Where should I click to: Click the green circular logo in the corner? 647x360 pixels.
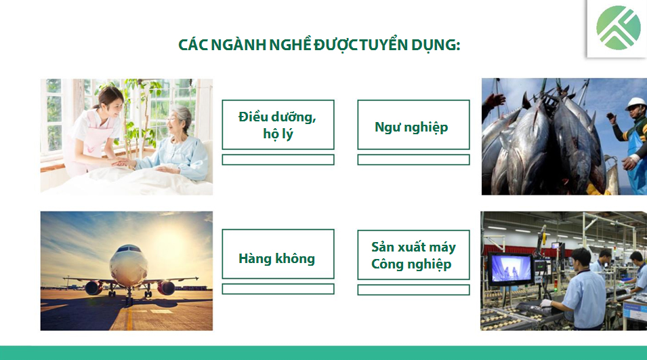(x=618, y=28)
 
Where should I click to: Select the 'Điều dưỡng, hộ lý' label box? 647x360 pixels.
(x=278, y=125)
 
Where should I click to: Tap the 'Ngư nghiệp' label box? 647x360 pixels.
(x=413, y=126)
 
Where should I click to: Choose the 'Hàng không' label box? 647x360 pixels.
(x=278, y=258)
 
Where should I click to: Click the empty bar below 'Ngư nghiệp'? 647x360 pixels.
(x=413, y=160)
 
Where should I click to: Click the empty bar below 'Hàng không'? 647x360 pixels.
(x=278, y=289)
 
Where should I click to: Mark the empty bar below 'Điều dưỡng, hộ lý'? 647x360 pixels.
(x=278, y=160)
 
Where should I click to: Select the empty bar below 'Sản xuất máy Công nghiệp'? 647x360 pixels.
(x=413, y=289)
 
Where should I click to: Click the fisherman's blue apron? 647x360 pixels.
(x=636, y=163)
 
